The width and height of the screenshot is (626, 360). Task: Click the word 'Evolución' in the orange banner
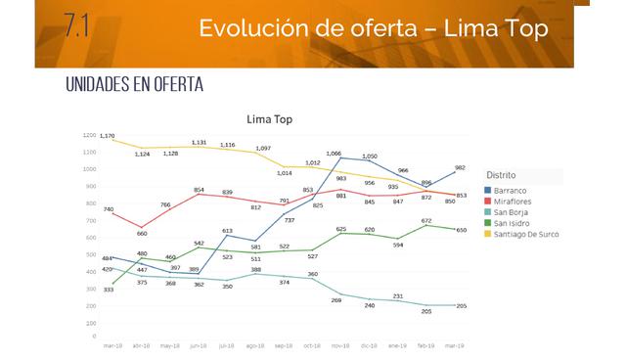point(253,28)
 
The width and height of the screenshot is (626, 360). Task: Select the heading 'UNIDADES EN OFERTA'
point(133,85)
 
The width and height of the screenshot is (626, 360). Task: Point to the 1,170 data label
point(108,136)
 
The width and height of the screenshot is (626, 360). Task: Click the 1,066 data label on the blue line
point(334,154)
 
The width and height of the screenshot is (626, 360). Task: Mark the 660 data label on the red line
point(142,233)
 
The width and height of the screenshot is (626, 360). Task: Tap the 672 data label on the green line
point(426,221)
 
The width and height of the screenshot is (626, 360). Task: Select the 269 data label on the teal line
point(336,300)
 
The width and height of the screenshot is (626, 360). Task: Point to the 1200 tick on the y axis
point(90,135)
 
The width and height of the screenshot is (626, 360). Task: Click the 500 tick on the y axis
point(91,254)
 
